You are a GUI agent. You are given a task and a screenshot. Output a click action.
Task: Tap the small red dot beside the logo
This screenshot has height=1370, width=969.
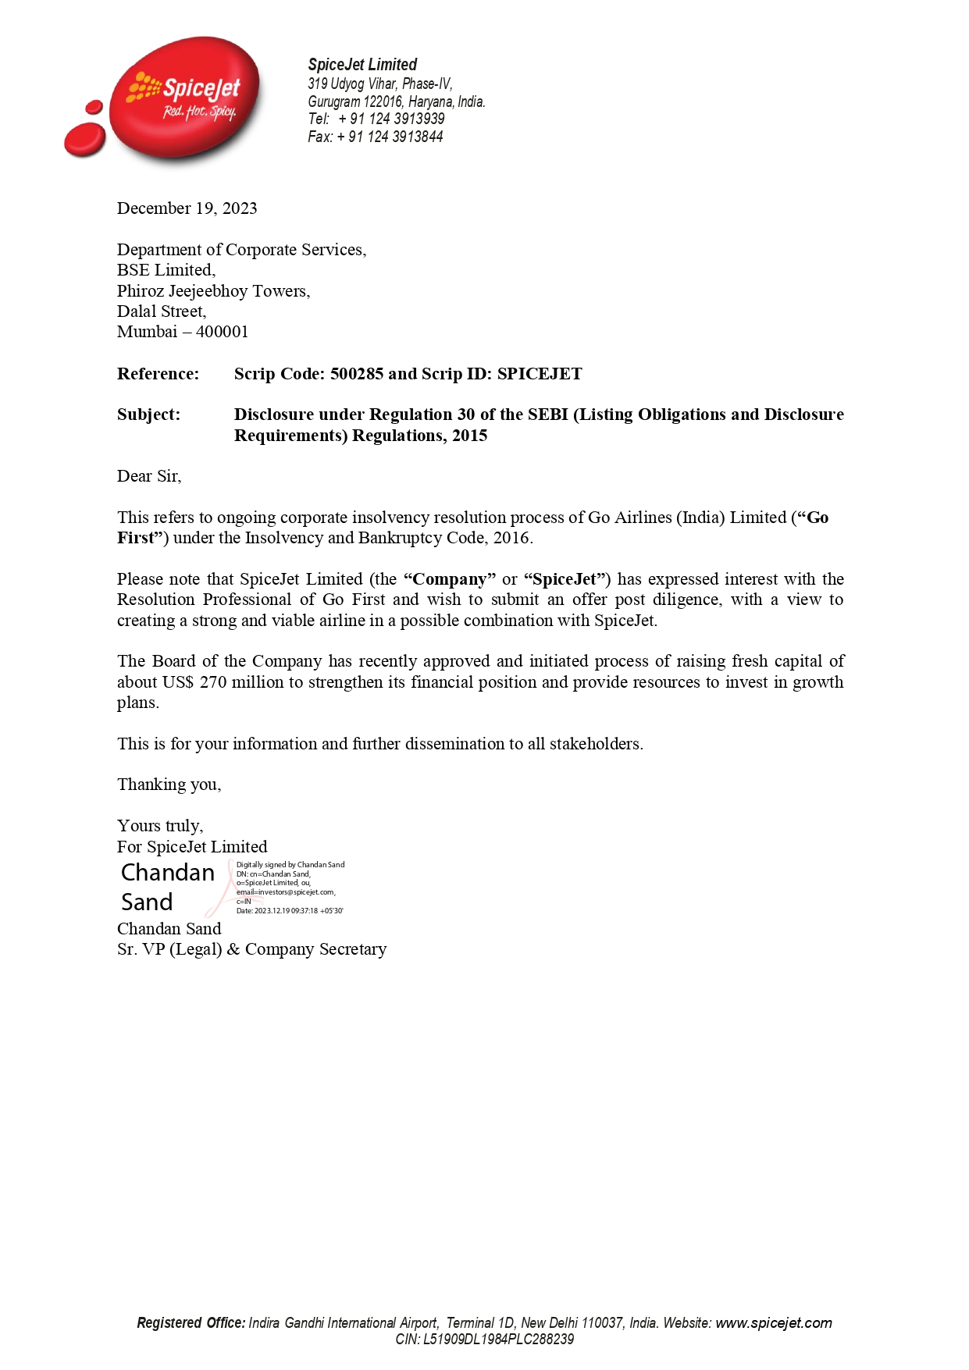pos(94,107)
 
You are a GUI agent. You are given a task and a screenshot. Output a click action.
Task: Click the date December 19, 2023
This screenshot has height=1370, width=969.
pos(187,208)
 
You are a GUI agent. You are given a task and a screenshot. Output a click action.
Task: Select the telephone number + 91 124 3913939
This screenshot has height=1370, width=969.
pos(392,119)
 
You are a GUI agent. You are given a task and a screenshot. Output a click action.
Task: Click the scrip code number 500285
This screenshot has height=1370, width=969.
pos(357,374)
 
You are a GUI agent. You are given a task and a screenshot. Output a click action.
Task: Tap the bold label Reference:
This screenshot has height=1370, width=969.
pos(158,374)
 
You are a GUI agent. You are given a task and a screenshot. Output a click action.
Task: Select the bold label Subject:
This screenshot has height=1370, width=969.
pos(148,415)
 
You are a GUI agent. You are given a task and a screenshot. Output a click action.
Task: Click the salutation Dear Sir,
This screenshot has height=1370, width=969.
pos(149,476)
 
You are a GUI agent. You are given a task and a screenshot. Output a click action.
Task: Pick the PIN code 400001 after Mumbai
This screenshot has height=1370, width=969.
pos(222,332)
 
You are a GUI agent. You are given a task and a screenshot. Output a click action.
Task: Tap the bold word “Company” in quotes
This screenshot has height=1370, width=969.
pos(450,579)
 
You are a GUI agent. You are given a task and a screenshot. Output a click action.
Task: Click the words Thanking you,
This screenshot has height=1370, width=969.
pos(169,785)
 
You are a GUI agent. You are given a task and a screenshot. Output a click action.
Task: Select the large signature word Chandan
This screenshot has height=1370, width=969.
pos(168,873)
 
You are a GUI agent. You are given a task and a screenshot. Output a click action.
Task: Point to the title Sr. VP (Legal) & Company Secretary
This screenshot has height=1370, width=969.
pos(251,949)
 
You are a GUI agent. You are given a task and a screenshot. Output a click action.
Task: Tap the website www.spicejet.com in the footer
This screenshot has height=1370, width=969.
pos(773,1322)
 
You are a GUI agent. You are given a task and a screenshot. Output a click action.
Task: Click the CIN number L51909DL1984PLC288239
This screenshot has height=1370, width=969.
pos(498,1340)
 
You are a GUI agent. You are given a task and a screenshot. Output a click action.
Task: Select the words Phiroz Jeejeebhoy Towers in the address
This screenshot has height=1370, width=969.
pos(212,291)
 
